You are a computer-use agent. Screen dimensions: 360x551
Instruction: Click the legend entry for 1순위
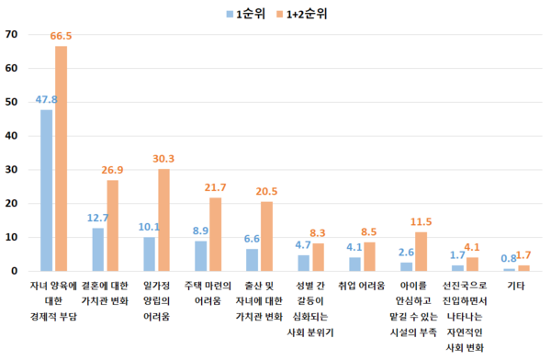click(250, 15)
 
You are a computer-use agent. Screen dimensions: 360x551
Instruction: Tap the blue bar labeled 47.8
click(46, 190)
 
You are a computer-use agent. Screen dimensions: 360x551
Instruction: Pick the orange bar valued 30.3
click(163, 219)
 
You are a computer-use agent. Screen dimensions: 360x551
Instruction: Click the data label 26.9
click(112, 170)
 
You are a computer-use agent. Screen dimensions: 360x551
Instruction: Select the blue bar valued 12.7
click(97, 249)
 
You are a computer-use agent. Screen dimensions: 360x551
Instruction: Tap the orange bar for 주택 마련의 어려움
click(215, 234)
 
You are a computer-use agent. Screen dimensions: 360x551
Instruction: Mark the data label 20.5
click(267, 191)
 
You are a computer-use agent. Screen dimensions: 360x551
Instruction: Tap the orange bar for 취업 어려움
click(369, 256)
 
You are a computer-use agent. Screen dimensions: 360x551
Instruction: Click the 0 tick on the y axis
click(15, 271)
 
